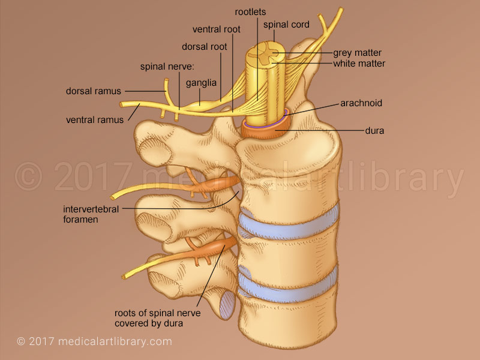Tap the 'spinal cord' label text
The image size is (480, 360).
286,25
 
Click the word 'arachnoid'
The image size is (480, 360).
360,103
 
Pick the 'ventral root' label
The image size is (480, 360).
216,29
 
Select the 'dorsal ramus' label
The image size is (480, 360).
93,91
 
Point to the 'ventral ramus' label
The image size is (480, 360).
95,119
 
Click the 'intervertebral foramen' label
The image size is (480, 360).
91,214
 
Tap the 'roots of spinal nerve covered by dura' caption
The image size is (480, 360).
157,318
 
